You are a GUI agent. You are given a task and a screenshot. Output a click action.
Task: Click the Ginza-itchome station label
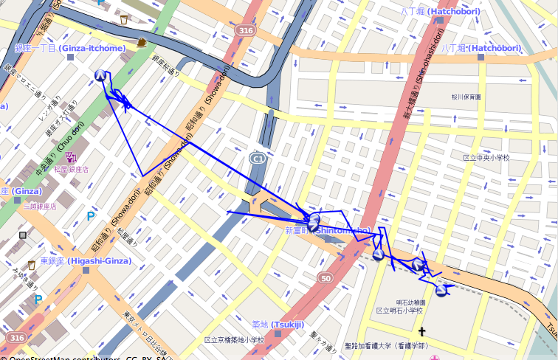pos(70,48)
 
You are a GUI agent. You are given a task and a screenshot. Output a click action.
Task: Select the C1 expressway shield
pos(258,159)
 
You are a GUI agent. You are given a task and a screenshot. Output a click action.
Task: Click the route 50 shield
pos(325,277)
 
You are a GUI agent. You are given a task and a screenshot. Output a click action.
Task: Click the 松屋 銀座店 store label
pos(71,169)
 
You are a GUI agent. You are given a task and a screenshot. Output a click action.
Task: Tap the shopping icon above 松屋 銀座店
pos(71,156)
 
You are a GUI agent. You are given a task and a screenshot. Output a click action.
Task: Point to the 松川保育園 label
pos(466,97)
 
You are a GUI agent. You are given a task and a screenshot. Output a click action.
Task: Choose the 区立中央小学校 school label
pos(486,158)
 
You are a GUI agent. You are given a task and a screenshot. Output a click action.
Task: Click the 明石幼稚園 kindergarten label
pos(410,302)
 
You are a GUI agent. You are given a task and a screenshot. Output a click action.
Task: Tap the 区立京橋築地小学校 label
pos(234,340)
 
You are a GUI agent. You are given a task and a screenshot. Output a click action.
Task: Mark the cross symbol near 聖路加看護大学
pos(422,332)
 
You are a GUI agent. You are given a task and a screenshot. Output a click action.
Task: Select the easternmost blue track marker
pos(441,291)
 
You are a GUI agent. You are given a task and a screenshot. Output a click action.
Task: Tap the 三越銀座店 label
pos(40,206)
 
